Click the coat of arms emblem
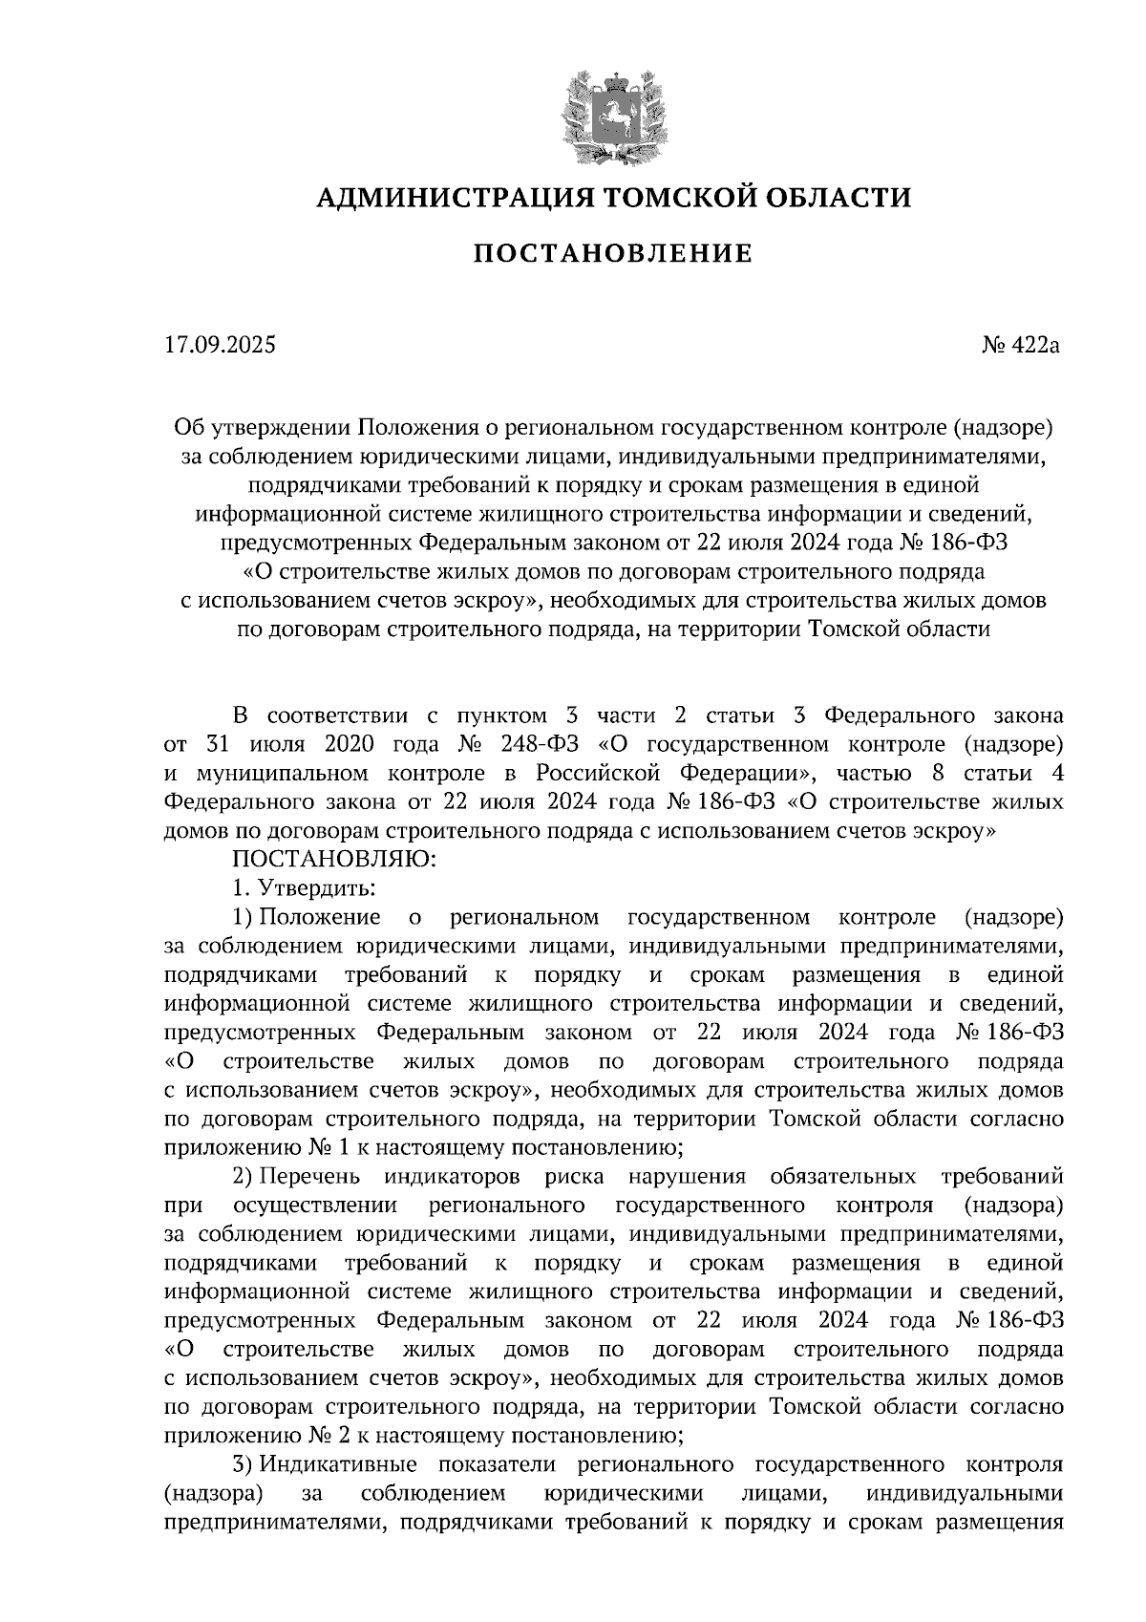pos(611,112)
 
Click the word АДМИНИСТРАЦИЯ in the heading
pos(441,198)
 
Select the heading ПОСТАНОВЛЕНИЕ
pos(612,254)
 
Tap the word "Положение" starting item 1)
pos(320,917)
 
